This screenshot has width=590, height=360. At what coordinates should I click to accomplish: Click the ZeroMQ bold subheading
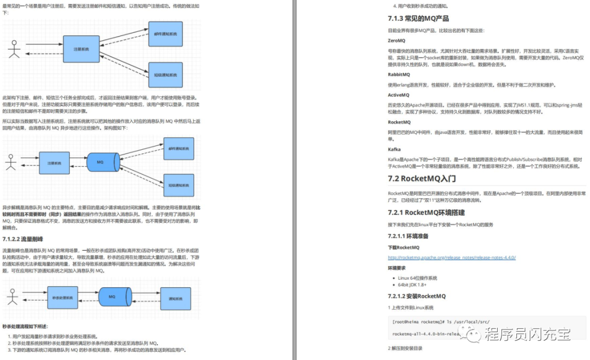pyautogui.click(x=397, y=40)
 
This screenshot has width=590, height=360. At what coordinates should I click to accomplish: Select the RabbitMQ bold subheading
pyautogui.click(x=399, y=74)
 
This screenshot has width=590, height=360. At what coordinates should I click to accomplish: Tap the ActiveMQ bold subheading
pyautogui.click(x=398, y=95)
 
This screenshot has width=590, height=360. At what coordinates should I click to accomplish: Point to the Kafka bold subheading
pyautogui.click(x=394, y=149)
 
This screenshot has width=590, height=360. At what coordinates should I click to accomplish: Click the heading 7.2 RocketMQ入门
pyautogui.click(x=422, y=178)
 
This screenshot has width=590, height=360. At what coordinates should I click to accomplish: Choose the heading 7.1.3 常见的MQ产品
pyautogui.click(x=418, y=18)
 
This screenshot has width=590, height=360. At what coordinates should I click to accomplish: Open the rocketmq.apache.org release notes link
pyautogui.click(x=452, y=257)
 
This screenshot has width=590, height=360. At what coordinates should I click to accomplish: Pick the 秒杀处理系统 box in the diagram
pyautogui.click(x=62, y=298)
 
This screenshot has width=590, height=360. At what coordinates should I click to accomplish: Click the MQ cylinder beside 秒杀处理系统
pyautogui.click(x=111, y=297)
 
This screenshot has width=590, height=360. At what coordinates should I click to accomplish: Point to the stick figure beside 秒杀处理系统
pyautogui.click(x=13, y=296)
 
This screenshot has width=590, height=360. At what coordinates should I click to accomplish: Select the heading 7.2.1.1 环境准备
pyautogui.click(x=408, y=236)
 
